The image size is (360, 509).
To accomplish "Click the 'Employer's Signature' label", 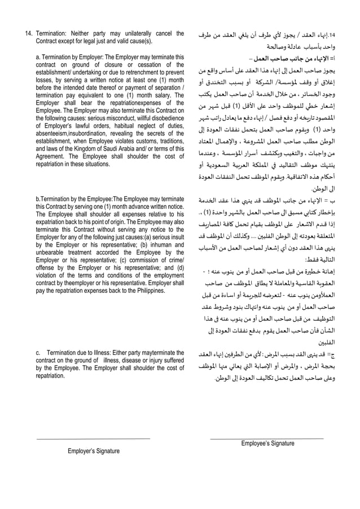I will pos(94,451).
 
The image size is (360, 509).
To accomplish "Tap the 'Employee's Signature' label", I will pos(267,444).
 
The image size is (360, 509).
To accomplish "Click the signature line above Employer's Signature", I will pos(94,438).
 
